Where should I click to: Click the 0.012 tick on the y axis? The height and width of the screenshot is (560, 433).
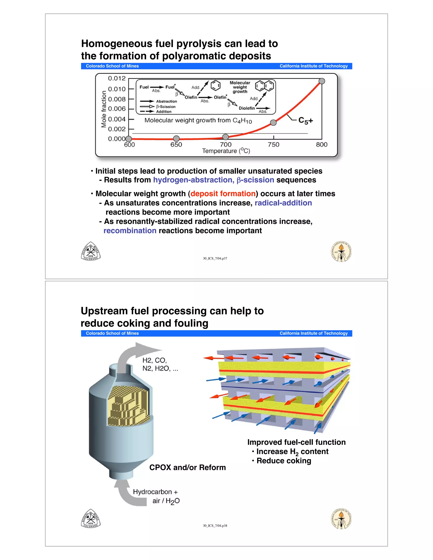(x=117, y=78)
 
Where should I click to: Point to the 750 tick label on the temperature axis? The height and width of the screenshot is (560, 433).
(x=273, y=145)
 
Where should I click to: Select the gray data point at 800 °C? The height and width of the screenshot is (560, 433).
(x=322, y=81)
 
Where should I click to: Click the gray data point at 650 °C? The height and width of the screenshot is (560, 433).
(x=176, y=138)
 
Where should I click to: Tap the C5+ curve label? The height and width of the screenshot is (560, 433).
(x=306, y=120)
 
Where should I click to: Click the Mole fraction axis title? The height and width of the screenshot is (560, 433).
(x=104, y=109)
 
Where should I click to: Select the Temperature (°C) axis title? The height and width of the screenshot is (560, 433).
(x=226, y=151)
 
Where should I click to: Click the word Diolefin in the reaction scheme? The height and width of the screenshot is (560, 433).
(x=247, y=108)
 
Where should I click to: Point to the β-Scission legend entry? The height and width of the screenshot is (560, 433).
(x=166, y=107)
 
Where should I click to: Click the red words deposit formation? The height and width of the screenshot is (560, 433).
(x=223, y=194)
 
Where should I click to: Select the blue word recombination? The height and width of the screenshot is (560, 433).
(x=130, y=231)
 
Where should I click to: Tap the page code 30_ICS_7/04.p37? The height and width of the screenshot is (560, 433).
(x=215, y=258)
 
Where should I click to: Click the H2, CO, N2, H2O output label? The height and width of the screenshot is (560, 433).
(x=160, y=364)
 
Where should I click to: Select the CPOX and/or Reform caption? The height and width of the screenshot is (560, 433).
(x=188, y=467)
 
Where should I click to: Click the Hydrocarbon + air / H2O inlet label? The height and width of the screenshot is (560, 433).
(x=156, y=496)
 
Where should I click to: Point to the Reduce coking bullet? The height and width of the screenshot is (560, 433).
(x=284, y=461)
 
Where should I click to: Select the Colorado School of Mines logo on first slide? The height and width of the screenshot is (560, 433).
(x=90, y=251)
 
